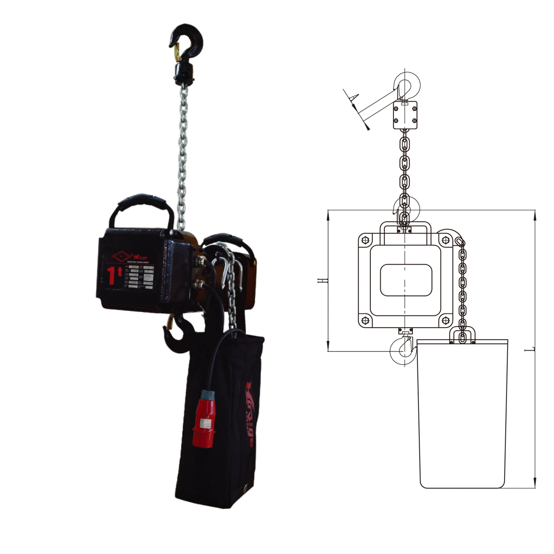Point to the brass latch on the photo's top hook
coord(177,52)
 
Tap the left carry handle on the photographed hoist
coord(141,205)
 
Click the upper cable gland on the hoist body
coord(200,261)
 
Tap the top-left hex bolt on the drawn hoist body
coord(365,240)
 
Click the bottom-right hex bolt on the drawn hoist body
coord(446,321)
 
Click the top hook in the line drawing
coord(407,84)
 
